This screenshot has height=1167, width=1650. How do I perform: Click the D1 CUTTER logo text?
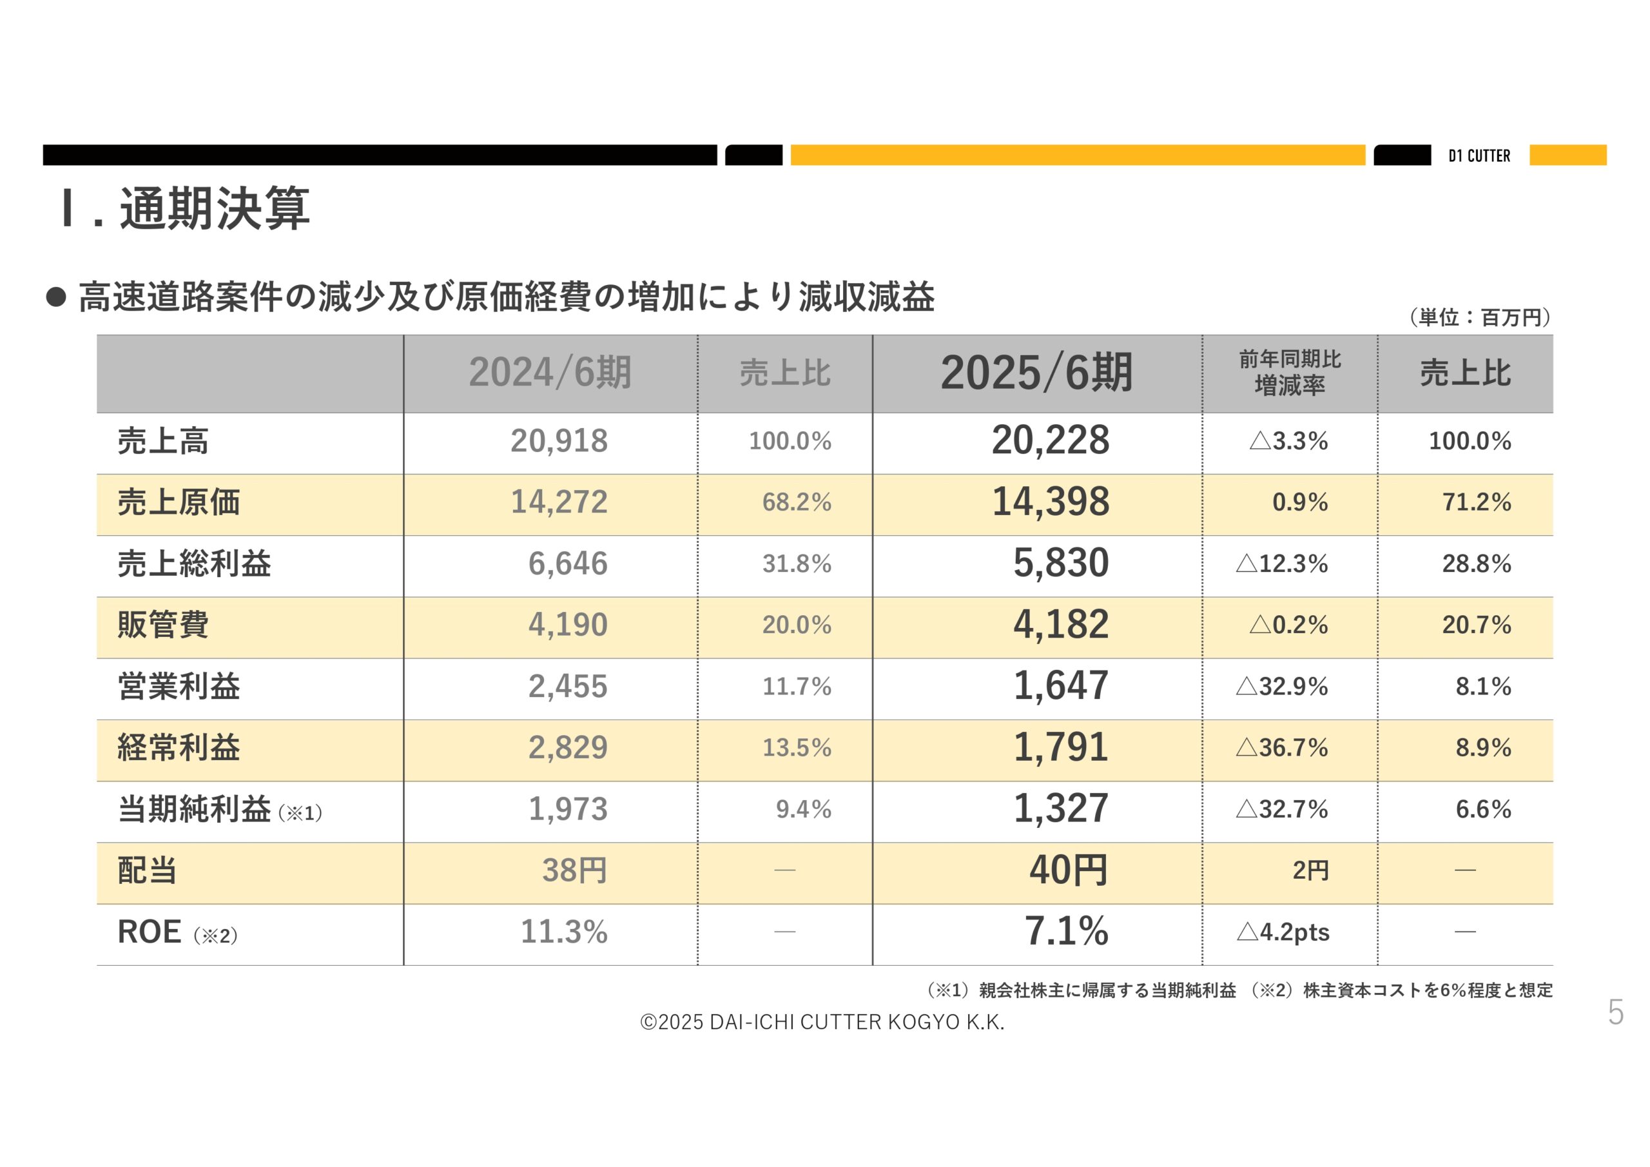[x=1479, y=155]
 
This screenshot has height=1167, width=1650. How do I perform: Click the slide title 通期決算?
[x=214, y=210]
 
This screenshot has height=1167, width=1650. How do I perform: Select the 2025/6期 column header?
[x=1036, y=373]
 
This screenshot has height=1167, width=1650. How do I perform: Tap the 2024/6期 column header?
[x=550, y=373]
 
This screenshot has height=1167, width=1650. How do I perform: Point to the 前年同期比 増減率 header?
[x=1289, y=373]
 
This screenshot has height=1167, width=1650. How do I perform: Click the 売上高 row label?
[x=163, y=441]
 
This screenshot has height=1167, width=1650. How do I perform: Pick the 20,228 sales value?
[x=1050, y=440]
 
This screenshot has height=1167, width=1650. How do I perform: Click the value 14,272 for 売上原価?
[x=558, y=502]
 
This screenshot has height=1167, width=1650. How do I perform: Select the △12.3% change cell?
[x=1281, y=564]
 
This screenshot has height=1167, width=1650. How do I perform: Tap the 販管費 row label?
[x=163, y=625]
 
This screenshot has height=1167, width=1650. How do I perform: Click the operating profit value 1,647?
[x=1061, y=686]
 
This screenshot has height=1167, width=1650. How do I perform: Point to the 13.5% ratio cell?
[x=796, y=748]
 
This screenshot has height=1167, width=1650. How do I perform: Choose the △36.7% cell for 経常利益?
[x=1281, y=748]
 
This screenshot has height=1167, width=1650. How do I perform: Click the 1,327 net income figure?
[x=1061, y=809]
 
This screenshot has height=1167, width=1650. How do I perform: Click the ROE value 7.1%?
[x=1066, y=932]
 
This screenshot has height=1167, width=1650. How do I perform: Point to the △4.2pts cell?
[x=1283, y=932]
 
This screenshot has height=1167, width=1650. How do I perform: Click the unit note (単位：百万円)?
[x=1480, y=317]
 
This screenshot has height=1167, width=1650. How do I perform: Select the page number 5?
[x=1615, y=1013]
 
